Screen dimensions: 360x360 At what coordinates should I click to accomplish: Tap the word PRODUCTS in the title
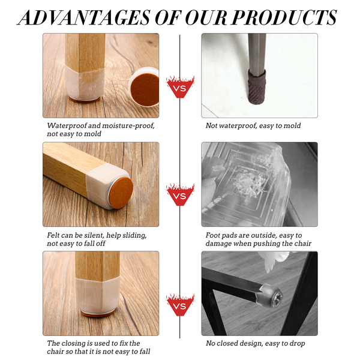284,17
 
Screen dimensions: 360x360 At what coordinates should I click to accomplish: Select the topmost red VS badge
180,87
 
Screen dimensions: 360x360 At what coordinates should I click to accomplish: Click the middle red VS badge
180,194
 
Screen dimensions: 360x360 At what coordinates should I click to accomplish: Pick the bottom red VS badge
180,305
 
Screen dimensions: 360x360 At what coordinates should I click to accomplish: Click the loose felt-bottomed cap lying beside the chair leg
144,87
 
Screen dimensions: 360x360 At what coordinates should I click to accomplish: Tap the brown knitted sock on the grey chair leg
257,87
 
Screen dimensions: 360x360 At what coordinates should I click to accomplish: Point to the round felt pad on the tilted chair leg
121,193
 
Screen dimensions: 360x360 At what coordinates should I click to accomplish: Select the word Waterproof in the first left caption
67,125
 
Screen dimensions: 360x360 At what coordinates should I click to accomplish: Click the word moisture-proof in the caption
128,125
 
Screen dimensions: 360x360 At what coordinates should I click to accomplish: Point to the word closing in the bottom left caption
73,343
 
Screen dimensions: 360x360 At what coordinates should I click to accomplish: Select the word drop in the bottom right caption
298,344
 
